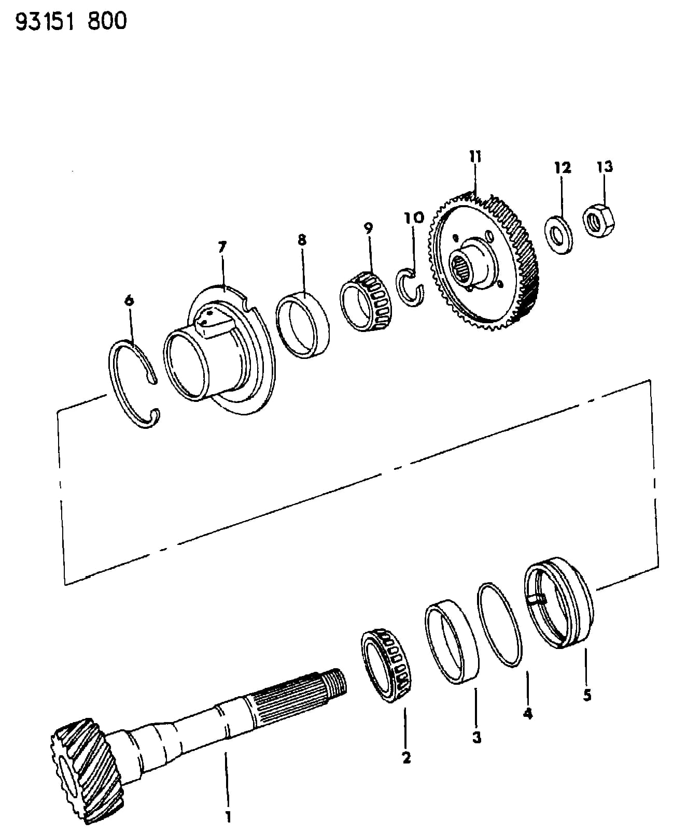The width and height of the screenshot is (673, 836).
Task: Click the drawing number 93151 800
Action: (71, 21)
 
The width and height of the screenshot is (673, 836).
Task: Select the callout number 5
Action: (587, 695)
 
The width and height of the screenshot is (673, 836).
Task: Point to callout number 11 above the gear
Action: (475, 156)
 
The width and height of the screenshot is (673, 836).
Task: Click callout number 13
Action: (605, 167)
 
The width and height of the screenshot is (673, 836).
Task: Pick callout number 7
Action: (222, 247)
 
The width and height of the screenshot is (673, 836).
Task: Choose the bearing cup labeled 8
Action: (302, 325)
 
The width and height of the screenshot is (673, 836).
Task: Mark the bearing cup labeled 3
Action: (451, 643)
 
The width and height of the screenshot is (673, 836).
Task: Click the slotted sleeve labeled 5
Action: (558, 602)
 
